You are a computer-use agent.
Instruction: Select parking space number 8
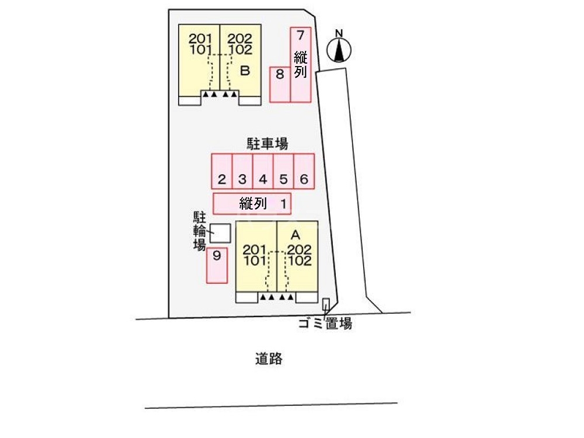(x=280, y=84)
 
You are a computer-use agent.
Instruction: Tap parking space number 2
(x=222, y=171)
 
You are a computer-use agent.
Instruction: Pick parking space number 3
(x=242, y=171)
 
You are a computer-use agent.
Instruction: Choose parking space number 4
(x=263, y=171)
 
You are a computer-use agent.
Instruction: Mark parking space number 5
(x=283, y=171)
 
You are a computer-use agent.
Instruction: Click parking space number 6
(x=304, y=171)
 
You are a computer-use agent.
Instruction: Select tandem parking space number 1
(x=252, y=204)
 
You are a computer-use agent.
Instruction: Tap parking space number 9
(x=217, y=266)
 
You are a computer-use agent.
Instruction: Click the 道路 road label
(x=269, y=359)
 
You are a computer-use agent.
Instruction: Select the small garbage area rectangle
(x=326, y=304)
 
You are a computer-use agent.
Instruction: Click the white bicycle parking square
(x=220, y=233)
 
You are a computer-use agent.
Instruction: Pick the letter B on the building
(x=245, y=71)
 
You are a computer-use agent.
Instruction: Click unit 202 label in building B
(x=239, y=39)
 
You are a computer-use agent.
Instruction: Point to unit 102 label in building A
(x=299, y=260)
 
